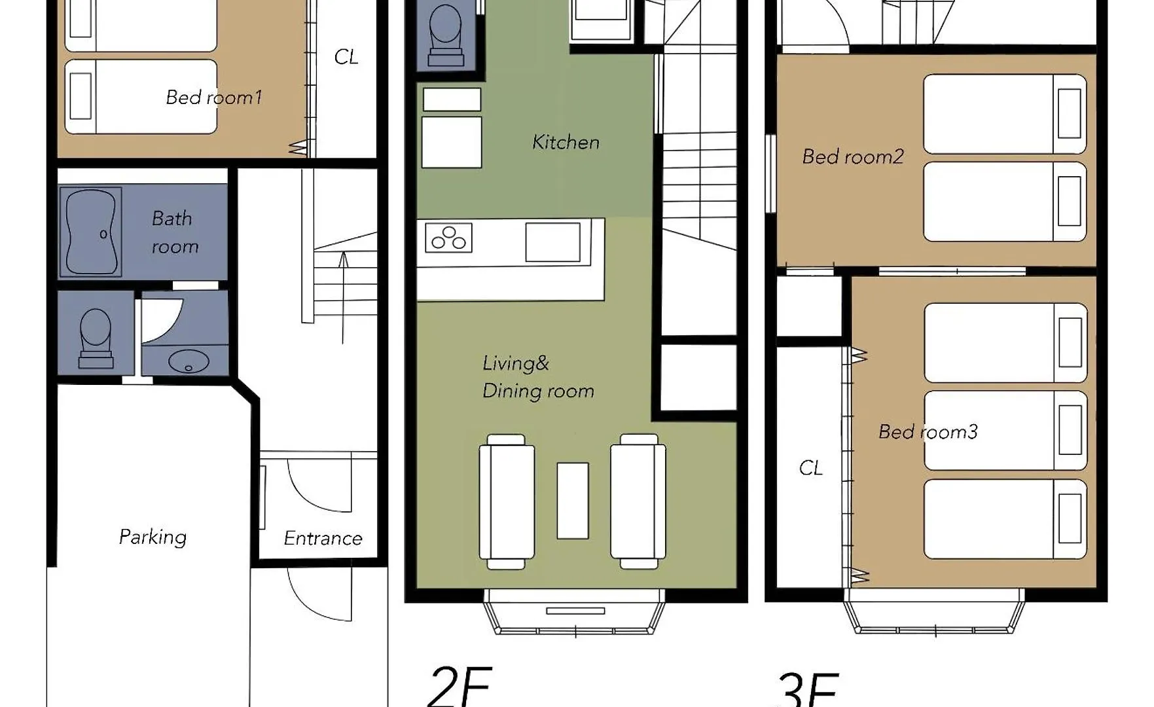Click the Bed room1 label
[214, 98]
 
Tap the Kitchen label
[566, 142]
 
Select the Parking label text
[153, 537]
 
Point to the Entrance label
[323, 538]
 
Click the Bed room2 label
[853, 156]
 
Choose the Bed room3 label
[928, 431]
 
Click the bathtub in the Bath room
[91, 232]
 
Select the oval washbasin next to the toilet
[189, 361]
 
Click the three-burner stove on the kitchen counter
[448, 238]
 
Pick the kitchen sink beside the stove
[553, 242]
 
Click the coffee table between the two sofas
[573, 501]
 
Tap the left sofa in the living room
[507, 501]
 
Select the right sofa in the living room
[638, 501]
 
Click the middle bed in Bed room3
[1005, 431]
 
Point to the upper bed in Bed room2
[1005, 114]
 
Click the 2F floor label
[460, 686]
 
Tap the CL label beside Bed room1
[346, 57]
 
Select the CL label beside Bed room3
[811, 467]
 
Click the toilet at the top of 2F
[446, 35]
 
